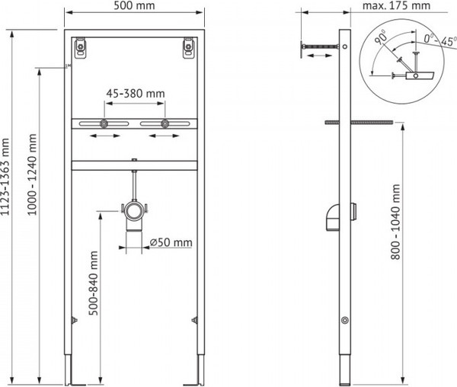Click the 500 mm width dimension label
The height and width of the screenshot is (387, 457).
pyautogui.click(x=134, y=5)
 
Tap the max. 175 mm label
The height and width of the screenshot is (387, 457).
pyautogui.click(x=396, y=5)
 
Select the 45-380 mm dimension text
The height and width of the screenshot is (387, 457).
pyautogui.click(x=136, y=94)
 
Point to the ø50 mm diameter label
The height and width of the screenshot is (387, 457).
pyautogui.click(x=171, y=242)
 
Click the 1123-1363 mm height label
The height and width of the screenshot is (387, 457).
pyautogui.click(x=5, y=177)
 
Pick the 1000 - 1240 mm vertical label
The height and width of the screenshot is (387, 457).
pyautogui.click(x=32, y=174)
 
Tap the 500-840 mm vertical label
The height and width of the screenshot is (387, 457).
pyautogui.click(x=93, y=283)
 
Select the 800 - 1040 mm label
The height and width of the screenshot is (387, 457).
pyautogui.click(x=395, y=222)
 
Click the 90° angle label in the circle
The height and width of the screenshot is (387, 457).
pyautogui.click(x=381, y=37)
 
